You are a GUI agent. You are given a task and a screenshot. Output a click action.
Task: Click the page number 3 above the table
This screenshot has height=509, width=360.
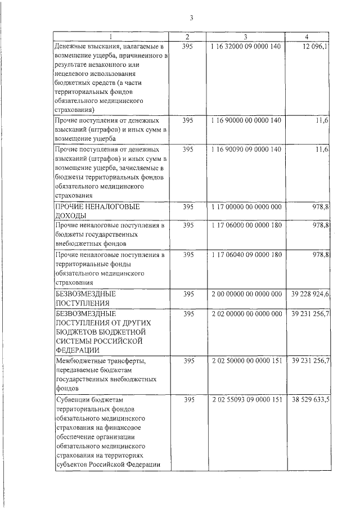tap(191, 17)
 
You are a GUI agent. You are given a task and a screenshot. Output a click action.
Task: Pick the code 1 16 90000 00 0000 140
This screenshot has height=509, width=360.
tap(246, 120)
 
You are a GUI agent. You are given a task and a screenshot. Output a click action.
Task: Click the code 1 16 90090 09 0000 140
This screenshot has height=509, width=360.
tap(246, 149)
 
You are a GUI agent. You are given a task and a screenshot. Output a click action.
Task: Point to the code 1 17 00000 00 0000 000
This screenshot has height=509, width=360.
tap(246, 207)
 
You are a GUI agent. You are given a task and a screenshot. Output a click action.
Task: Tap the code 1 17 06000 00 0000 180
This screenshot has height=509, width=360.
tap(246, 225)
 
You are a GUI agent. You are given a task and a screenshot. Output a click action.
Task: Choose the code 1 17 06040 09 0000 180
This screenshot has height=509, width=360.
tap(246, 255)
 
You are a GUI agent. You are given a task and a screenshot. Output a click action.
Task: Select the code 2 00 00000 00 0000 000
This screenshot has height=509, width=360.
tap(246, 294)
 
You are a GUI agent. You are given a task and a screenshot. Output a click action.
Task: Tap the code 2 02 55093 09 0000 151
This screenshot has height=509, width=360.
tap(246, 400)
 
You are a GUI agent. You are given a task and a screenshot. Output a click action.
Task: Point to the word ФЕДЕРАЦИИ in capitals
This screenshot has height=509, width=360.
tap(78, 349)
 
